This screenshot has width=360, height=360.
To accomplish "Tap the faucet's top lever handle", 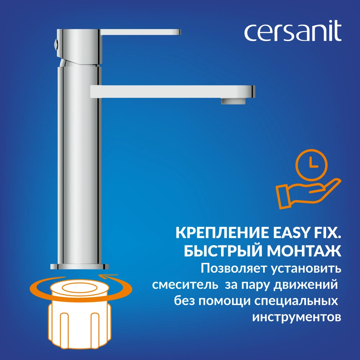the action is click(140, 32).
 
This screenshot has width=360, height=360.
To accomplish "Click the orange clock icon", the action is click(311, 165).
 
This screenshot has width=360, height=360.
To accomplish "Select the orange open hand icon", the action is click(308, 193).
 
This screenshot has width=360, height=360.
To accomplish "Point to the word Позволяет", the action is click(234, 268).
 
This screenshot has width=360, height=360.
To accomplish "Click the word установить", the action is click(306, 269).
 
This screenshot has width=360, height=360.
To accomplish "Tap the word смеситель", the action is click(185, 285).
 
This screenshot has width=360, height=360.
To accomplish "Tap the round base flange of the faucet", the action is click(80, 266).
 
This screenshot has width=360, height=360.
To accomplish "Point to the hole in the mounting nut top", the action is click(79, 288).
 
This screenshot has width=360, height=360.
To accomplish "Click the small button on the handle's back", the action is click(55, 44).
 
